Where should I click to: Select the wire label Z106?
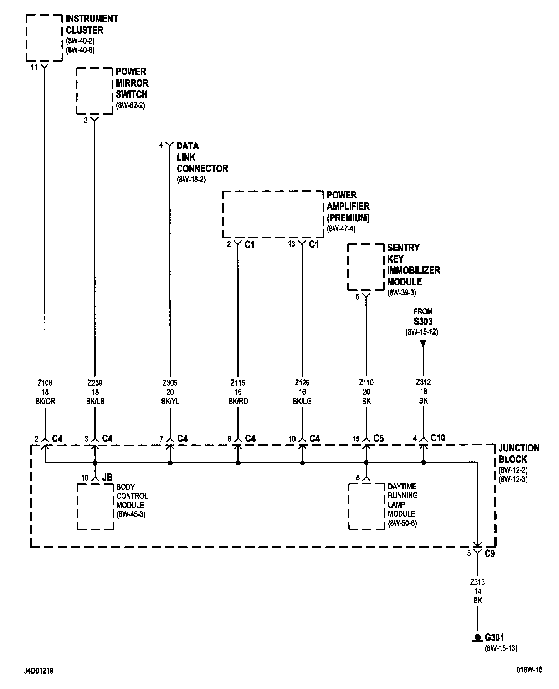point(45,383)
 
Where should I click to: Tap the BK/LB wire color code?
point(95,401)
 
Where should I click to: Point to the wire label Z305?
point(170,383)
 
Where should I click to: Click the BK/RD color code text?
point(238,401)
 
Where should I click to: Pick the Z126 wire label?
point(302,383)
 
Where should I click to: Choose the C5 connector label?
point(379,438)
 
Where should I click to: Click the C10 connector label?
point(438,438)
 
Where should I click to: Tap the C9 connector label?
point(489,554)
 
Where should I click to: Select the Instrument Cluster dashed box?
point(45,38)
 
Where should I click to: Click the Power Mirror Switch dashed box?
point(94,91)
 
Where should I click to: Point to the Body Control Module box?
point(95,506)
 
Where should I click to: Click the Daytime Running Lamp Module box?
point(366,506)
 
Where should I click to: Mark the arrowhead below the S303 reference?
point(423,343)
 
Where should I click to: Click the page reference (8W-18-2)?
point(191,180)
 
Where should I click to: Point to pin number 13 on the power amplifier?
point(292,244)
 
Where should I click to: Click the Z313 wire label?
point(477,582)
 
